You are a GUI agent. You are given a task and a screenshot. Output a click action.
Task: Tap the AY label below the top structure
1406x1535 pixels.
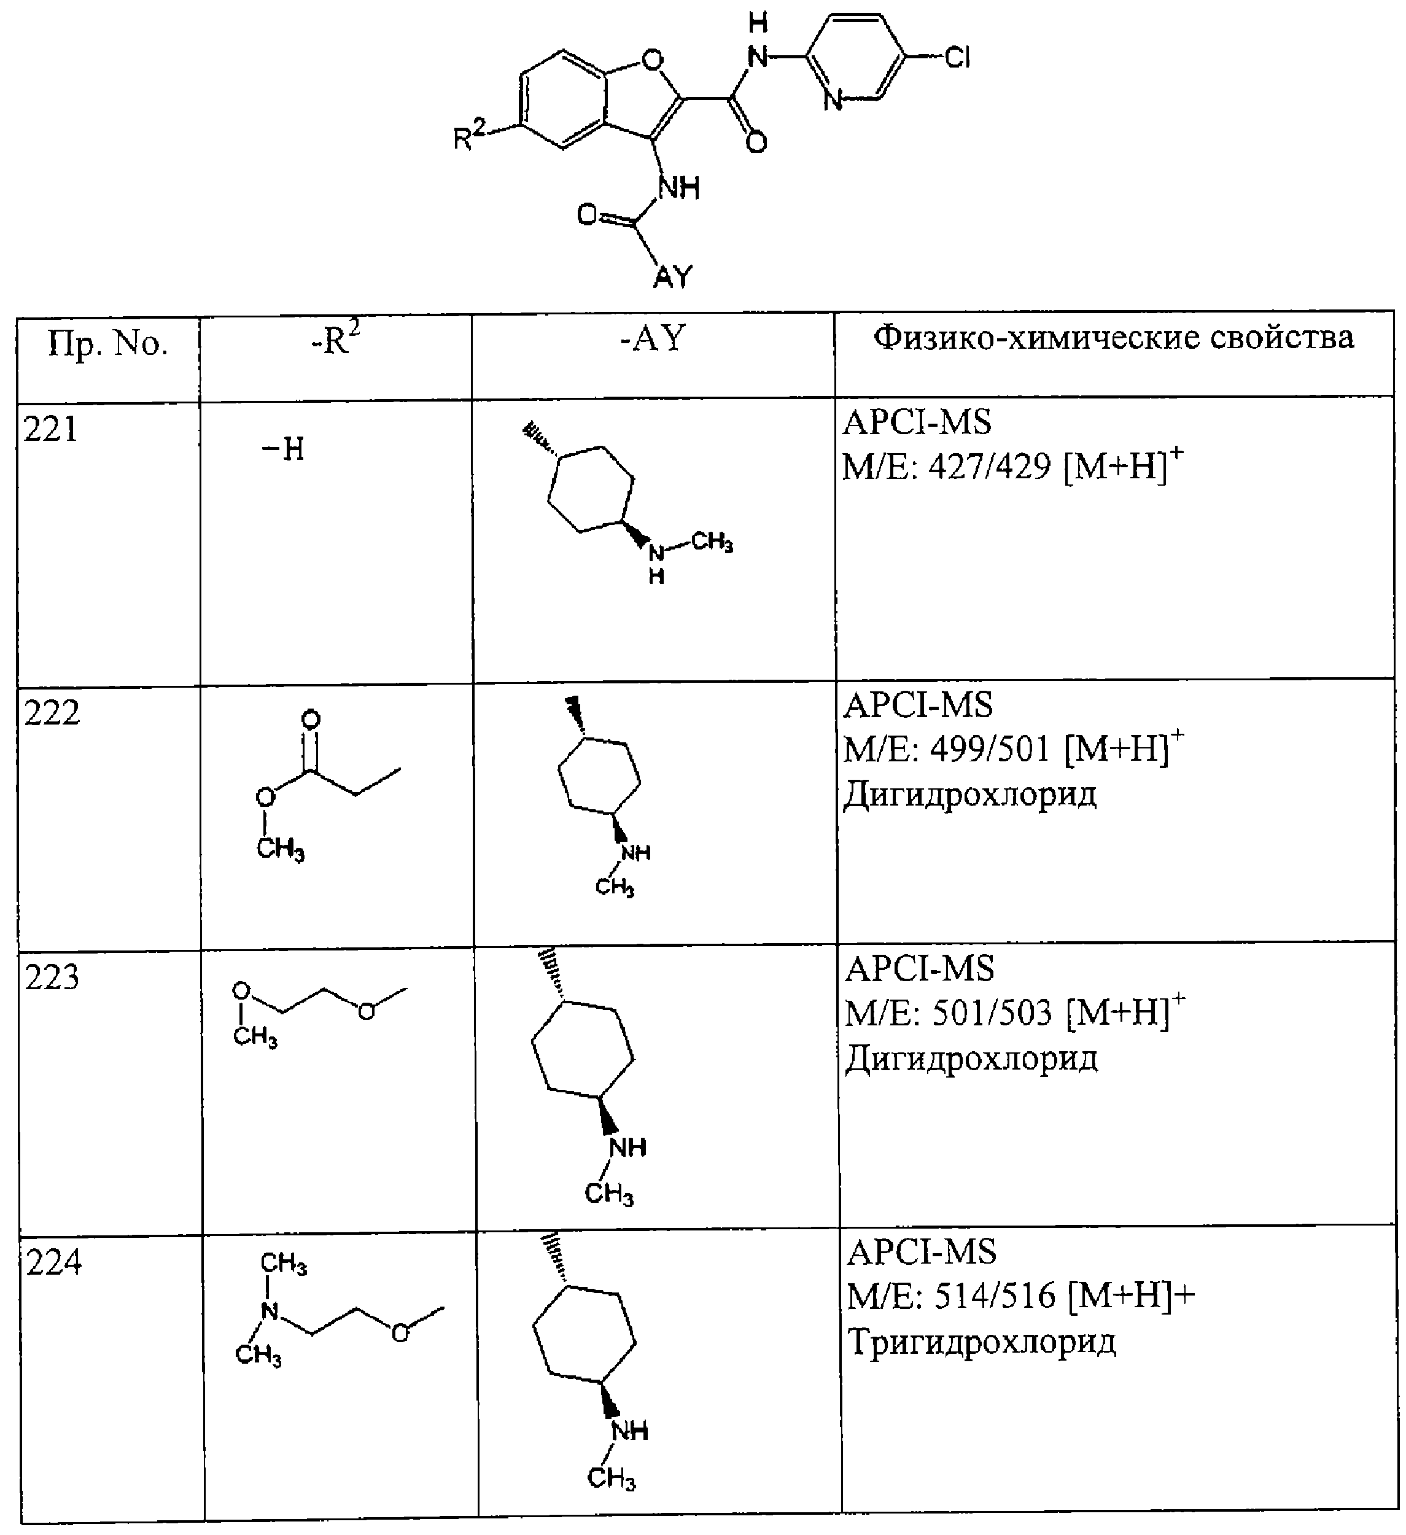[x=673, y=277]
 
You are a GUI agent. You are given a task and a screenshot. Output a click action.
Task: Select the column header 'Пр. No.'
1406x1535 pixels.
[x=107, y=345]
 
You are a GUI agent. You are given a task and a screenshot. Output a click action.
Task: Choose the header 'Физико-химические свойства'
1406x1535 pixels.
[x=1114, y=337]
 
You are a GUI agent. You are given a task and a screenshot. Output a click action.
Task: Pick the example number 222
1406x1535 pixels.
[x=52, y=713]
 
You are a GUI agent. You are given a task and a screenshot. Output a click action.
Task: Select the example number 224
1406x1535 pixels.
[x=54, y=1263]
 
